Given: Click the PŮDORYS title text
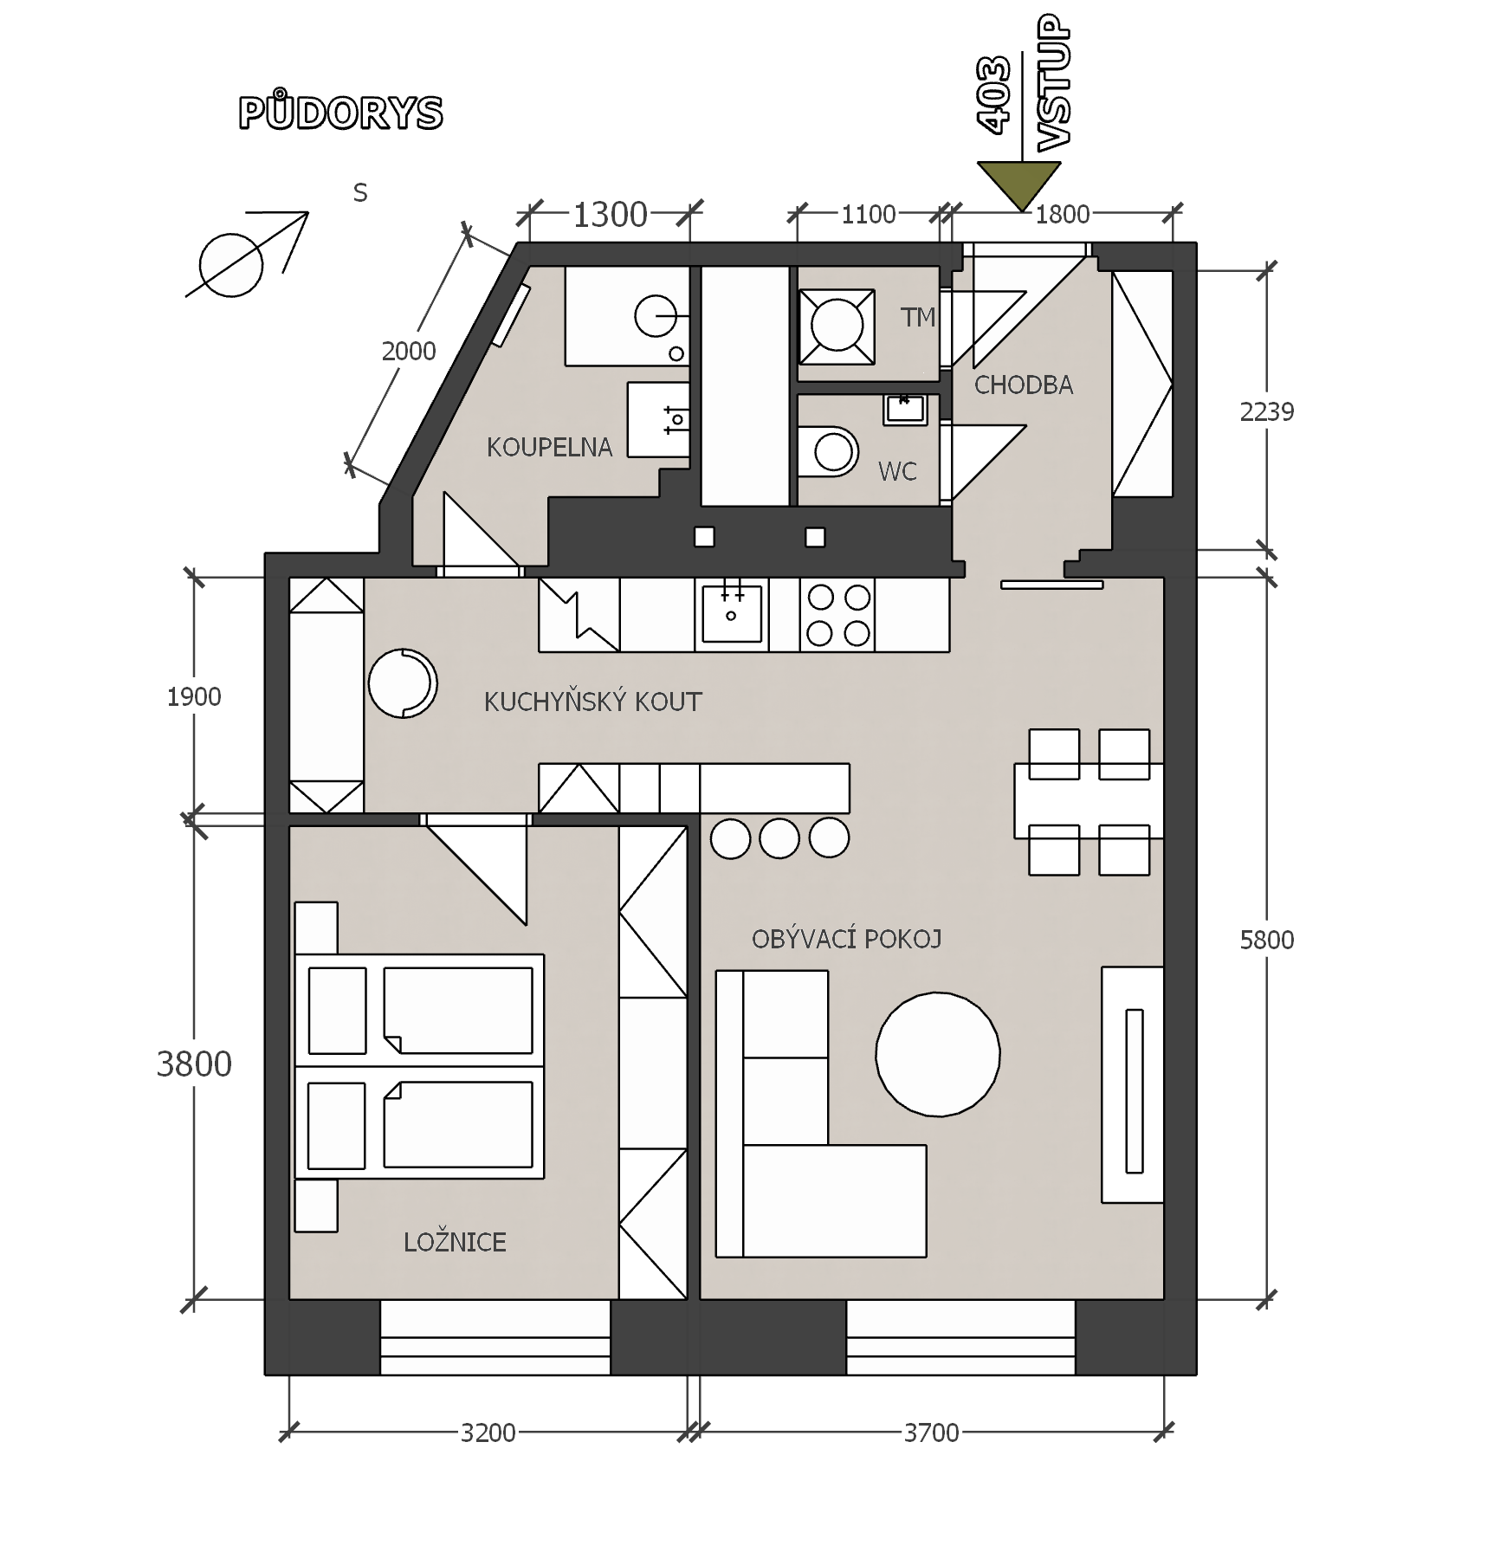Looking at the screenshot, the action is [340, 111].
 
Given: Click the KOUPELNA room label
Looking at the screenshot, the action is [549, 448].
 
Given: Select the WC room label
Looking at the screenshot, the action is [897, 472].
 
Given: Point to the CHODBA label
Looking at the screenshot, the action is [1024, 385].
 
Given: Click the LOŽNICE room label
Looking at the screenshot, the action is [455, 1243].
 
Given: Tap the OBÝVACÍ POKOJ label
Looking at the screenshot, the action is [846, 939].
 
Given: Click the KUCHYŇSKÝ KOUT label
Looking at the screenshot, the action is [592, 702].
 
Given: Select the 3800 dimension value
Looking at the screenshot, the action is [194, 1064].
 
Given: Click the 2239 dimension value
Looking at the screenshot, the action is [1267, 412].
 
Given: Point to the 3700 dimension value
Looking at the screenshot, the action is [932, 1433].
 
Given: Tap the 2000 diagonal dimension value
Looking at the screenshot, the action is [409, 352].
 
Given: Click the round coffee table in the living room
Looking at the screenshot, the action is [938, 1055].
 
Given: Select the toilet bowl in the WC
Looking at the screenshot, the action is [828, 451].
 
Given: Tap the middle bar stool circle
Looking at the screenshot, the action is [779, 838].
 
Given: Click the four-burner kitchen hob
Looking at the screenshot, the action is [837, 615].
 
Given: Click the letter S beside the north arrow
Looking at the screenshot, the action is [360, 193].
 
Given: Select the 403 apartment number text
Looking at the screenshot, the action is [993, 94].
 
